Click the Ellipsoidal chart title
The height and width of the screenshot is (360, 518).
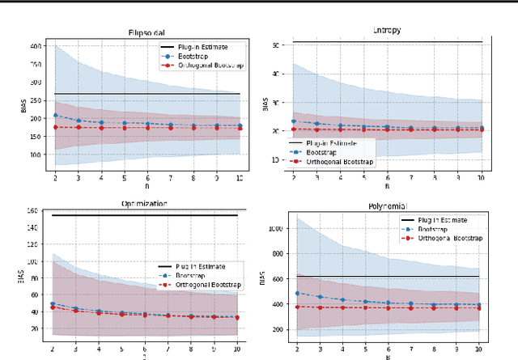point(147,33)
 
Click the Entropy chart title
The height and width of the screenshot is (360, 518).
point(388,31)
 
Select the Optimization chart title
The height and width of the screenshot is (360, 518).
point(145,204)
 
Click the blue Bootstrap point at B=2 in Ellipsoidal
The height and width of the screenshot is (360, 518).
point(55,116)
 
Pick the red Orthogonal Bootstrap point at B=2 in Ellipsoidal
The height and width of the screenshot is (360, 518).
point(55,127)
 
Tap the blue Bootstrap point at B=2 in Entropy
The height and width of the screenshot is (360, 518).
point(294,121)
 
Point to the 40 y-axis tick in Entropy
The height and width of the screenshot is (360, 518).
point(276,74)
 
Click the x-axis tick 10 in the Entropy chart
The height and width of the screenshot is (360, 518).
point(481,177)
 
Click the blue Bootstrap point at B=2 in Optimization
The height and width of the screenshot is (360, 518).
point(53,304)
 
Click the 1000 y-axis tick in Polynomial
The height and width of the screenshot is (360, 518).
point(274,229)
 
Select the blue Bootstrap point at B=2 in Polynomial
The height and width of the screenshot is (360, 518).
point(297,294)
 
